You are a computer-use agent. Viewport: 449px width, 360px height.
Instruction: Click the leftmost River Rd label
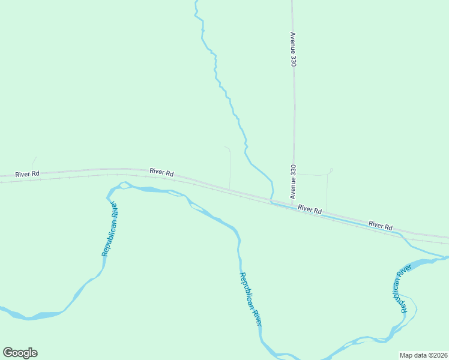pyautogui.click(x=28, y=174)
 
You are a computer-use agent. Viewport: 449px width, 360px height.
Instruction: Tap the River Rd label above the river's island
pyautogui.click(x=161, y=172)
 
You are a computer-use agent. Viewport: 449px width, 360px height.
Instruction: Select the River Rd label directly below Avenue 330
pyautogui.click(x=310, y=210)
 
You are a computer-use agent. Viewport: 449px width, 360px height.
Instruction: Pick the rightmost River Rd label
pyautogui.click(x=381, y=226)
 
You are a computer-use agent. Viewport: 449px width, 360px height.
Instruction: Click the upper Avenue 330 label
pyautogui.click(x=294, y=49)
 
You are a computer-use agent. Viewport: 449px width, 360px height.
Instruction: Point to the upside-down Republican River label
pyautogui.click(x=400, y=289)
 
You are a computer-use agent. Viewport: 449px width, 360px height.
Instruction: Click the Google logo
pyautogui.click(x=20, y=353)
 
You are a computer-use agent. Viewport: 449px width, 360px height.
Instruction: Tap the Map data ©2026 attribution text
pyautogui.click(x=423, y=355)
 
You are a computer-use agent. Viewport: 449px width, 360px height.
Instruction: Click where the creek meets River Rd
pyautogui.click(x=271, y=200)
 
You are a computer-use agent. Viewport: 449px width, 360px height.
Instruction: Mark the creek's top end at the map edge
pyautogui.click(x=196, y=2)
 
